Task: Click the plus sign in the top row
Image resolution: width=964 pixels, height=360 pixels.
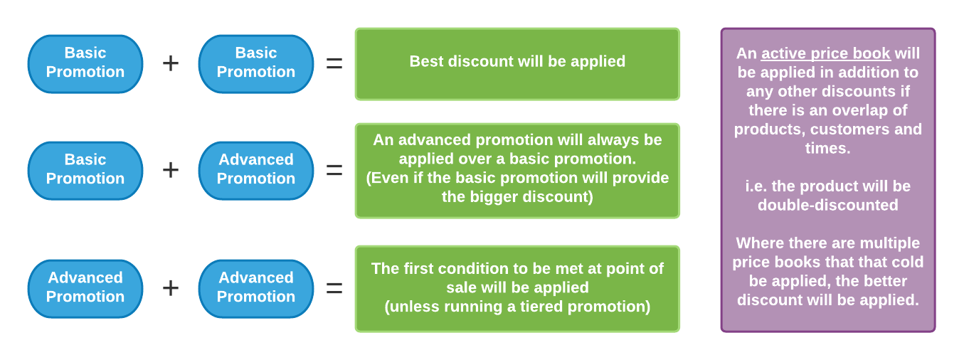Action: [171, 63]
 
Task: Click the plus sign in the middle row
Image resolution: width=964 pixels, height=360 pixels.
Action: [171, 170]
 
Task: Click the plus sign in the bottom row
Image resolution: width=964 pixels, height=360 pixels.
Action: [171, 288]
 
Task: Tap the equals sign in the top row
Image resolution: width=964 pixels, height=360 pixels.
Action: [334, 64]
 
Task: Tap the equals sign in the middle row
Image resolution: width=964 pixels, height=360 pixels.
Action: [334, 171]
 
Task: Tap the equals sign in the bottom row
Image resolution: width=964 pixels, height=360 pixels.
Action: [334, 289]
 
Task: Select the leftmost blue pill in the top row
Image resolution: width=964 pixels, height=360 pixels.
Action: [85, 64]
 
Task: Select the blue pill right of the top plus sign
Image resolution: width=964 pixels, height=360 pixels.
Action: [256, 64]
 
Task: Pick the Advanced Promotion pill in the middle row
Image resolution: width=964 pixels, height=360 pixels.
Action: [256, 171]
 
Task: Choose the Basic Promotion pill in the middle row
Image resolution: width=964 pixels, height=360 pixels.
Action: [85, 171]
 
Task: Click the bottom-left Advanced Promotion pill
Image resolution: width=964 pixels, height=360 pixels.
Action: [85, 289]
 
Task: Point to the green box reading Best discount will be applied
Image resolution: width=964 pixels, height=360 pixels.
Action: [517, 64]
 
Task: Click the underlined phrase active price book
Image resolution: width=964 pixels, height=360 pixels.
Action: [826, 53]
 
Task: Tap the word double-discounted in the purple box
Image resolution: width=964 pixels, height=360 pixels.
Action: [828, 205]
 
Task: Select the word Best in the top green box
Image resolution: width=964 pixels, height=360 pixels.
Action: [426, 61]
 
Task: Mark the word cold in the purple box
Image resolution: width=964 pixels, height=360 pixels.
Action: [909, 262]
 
